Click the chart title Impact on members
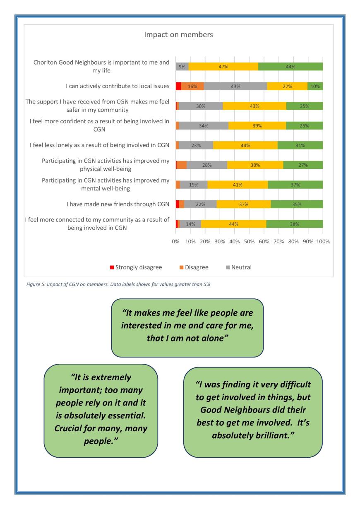(178, 35)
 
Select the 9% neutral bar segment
(182, 67)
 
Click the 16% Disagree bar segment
(192, 86)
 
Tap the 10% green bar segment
(315, 86)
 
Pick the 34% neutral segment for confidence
(204, 126)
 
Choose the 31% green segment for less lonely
(300, 145)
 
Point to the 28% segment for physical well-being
(207, 165)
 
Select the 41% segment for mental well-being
(238, 185)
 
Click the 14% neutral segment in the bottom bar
(190, 224)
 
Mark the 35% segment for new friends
(297, 204)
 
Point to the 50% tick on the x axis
(249, 242)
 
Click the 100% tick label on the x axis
(322, 242)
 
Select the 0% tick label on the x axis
(175, 242)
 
